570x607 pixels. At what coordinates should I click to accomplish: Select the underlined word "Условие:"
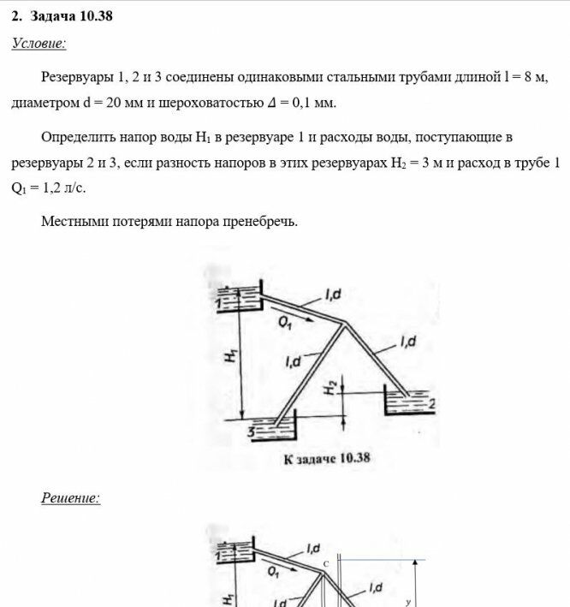[39, 43]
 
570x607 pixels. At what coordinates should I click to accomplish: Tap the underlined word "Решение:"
[70, 497]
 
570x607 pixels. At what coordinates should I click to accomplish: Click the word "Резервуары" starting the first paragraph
[76, 78]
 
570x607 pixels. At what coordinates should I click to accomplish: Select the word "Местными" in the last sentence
[71, 221]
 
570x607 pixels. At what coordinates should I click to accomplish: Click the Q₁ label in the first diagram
[286, 324]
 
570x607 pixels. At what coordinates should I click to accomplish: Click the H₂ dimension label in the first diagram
[330, 387]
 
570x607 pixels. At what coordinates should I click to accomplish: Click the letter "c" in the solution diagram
[326, 563]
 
